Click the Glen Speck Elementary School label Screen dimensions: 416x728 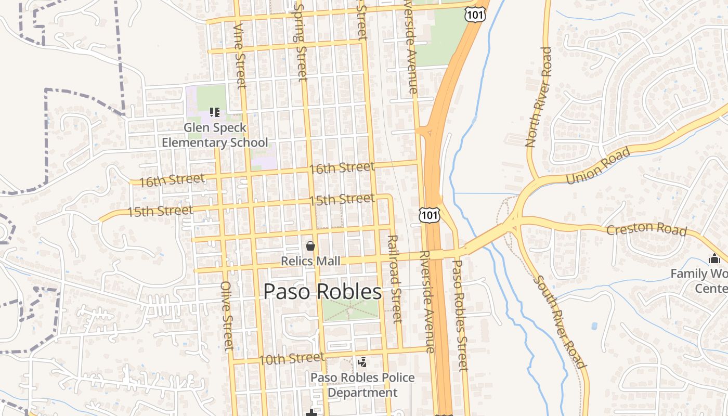coord(215,135)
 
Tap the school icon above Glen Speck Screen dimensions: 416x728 coord(215,112)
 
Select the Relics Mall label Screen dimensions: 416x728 coord(310,261)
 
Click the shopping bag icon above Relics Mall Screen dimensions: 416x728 coord(310,245)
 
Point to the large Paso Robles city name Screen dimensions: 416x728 coord(322,292)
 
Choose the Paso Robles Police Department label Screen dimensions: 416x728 coord(362,385)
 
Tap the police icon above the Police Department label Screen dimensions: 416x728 coord(362,362)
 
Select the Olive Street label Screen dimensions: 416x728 coord(227,316)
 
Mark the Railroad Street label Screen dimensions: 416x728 coord(395,278)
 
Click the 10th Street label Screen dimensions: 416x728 coord(291,358)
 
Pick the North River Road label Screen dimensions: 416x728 coord(539,97)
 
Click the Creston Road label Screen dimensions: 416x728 coord(646,229)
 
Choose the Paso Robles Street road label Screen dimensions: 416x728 coord(460,315)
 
